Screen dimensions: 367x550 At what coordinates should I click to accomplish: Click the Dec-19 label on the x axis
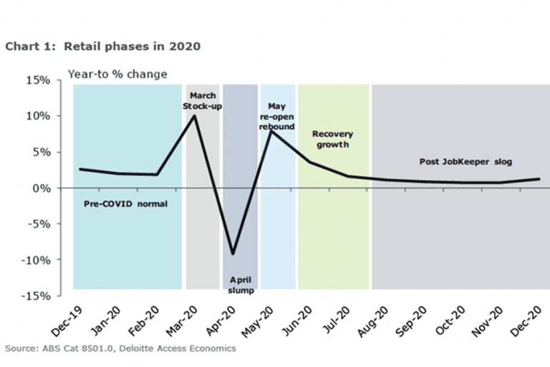[x=67, y=320]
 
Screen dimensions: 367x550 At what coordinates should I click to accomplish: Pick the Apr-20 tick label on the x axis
[x=221, y=320]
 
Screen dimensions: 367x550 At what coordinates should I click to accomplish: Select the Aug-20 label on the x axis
[x=374, y=320]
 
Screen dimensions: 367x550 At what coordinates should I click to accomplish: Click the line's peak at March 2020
[x=195, y=115]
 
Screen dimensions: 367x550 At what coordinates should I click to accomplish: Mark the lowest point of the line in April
[x=233, y=254]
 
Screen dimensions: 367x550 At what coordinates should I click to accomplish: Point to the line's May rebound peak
[x=271, y=131]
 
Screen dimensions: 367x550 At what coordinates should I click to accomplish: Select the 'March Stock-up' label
[x=203, y=100]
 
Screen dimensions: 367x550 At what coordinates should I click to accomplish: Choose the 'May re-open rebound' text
[x=276, y=116]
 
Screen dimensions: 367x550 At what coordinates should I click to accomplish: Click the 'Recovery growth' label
[x=333, y=139]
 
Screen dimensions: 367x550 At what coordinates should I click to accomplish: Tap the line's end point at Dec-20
[x=538, y=179]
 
